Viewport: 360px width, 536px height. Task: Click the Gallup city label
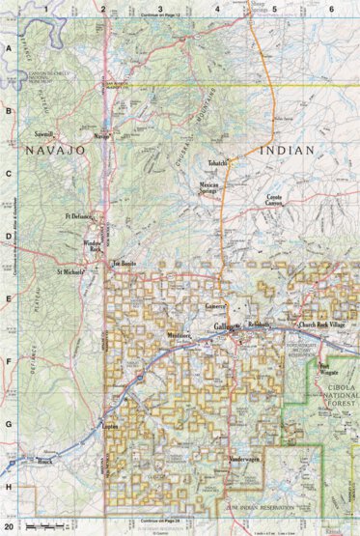click(x=225, y=328)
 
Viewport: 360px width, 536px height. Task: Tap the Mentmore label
click(x=180, y=336)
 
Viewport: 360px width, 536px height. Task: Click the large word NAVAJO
click(x=57, y=152)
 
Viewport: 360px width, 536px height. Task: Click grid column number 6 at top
click(x=330, y=9)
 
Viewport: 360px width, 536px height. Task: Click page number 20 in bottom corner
click(x=9, y=528)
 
